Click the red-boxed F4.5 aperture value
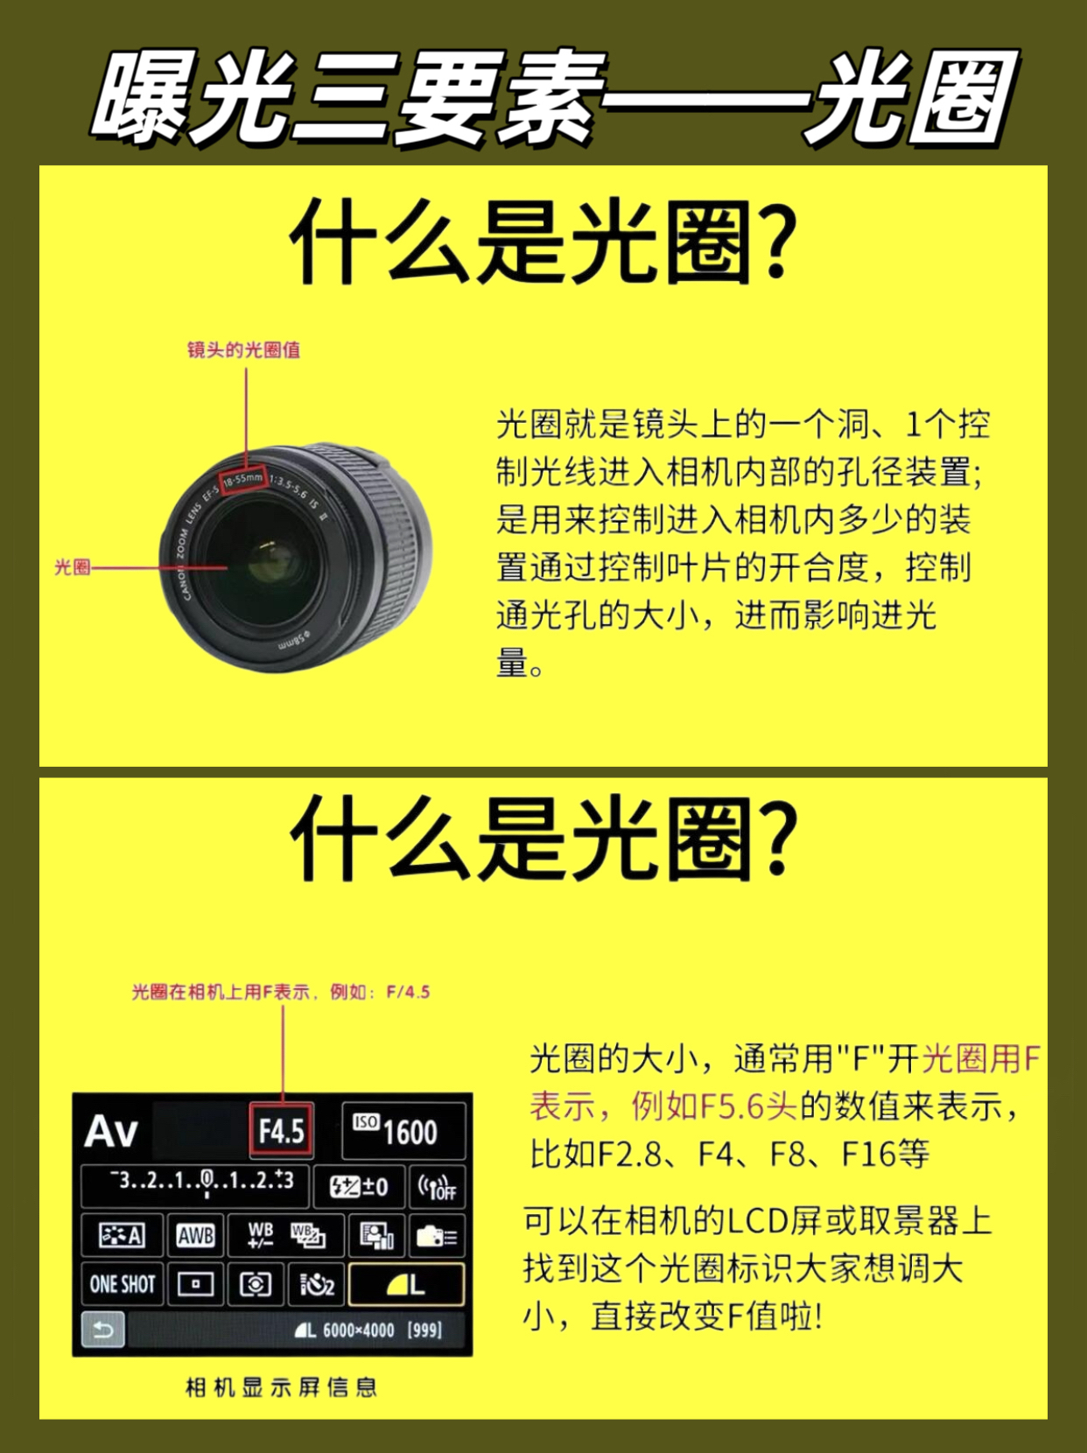[x=281, y=1130]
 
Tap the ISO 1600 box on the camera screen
[x=403, y=1130]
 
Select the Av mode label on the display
[x=111, y=1131]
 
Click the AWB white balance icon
[x=196, y=1235]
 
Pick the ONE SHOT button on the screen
[x=123, y=1284]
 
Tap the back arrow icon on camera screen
[x=102, y=1330]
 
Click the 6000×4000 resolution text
[x=358, y=1330]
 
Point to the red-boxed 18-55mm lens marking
[x=243, y=480]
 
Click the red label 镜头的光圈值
[x=243, y=349]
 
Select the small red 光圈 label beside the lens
[x=72, y=566]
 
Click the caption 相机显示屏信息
[x=281, y=1387]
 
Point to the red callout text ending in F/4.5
[x=281, y=992]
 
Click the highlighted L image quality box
[x=405, y=1284]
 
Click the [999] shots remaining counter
[x=424, y=1330]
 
